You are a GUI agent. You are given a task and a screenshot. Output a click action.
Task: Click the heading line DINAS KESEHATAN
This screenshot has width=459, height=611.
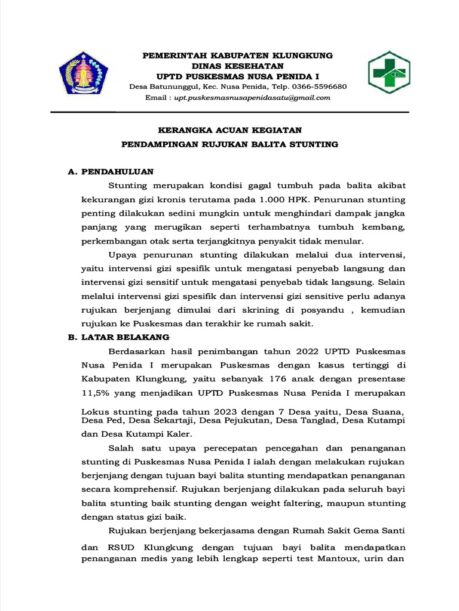237,66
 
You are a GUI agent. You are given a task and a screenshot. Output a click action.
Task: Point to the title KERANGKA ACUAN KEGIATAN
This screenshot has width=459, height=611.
229,130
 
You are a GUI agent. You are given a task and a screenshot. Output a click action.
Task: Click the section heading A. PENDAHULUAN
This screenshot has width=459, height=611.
111,172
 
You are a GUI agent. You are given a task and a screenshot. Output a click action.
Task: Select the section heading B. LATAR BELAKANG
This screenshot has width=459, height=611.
119,337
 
